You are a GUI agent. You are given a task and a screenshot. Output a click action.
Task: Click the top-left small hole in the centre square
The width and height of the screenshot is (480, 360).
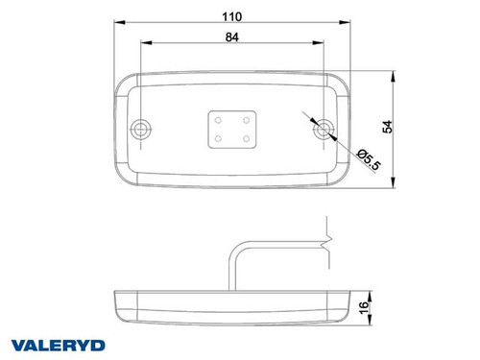pyautogui.click(x=218, y=120)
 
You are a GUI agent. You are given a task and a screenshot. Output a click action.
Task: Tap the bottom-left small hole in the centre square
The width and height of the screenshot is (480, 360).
pyautogui.click(x=218, y=139)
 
